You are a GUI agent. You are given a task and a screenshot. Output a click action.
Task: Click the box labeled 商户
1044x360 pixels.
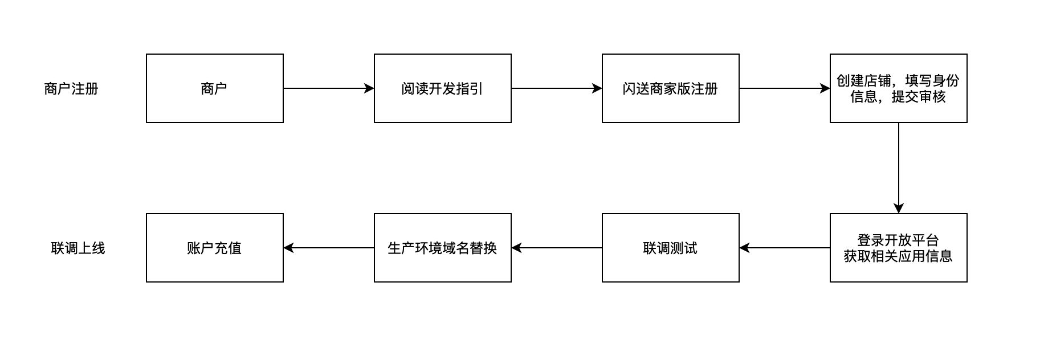214,88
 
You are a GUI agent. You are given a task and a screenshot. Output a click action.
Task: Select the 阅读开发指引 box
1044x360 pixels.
442,88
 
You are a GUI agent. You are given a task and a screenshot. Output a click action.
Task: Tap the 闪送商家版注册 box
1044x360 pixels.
670,88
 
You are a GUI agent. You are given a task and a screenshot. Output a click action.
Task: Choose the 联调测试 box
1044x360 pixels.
670,248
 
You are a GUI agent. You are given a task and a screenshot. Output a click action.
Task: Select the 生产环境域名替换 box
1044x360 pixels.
442,248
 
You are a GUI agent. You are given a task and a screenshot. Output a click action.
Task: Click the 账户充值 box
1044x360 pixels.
214,248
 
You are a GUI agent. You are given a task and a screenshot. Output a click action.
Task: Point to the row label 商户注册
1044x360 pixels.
71,89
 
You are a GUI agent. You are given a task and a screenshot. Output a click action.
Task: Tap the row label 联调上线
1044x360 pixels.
78,248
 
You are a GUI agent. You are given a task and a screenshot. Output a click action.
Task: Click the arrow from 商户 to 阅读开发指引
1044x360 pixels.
328,88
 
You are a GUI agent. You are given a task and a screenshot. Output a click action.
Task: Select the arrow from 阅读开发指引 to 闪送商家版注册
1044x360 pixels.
556,88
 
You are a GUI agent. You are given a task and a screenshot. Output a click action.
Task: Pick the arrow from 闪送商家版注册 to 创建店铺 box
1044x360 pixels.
784,88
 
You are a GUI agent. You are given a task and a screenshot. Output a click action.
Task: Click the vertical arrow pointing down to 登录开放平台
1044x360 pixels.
899,168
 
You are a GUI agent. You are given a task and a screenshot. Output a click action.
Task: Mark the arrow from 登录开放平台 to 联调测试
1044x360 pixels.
785,248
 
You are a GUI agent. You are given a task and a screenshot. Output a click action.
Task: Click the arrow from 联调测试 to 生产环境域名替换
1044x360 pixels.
557,248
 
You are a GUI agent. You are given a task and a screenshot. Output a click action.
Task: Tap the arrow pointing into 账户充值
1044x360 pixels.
329,248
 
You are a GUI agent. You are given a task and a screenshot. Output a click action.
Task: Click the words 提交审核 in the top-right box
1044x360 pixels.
919,97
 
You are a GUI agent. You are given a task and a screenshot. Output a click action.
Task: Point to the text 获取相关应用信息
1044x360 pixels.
898,256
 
